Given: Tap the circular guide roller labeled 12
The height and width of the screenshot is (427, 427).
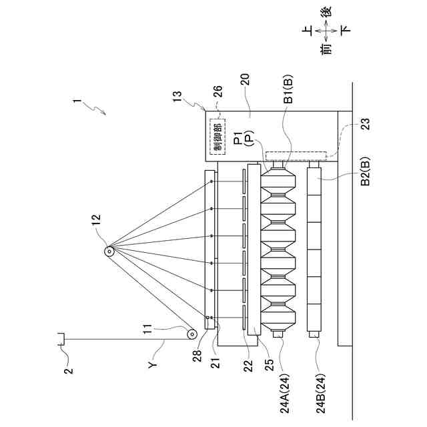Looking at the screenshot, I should [x=109, y=252].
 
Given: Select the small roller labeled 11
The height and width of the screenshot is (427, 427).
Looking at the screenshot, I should [x=192, y=334].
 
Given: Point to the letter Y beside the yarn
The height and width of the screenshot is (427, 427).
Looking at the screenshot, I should [x=153, y=365].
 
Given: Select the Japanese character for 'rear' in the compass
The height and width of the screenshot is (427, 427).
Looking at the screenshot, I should [x=324, y=12].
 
